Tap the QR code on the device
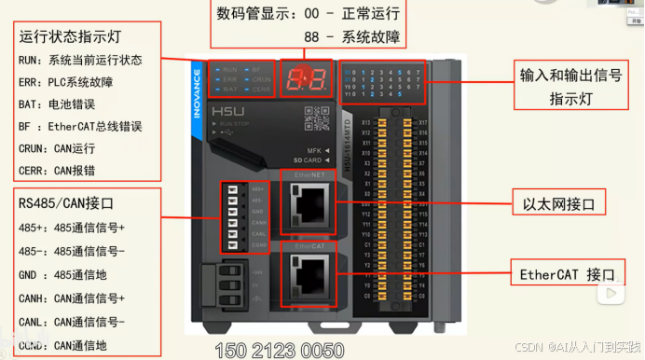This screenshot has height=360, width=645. pos(318,118)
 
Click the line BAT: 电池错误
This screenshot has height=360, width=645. pos(62,104)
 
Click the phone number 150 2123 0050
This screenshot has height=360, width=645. pos(279,351)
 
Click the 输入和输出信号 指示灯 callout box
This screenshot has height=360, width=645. pos(568,85)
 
